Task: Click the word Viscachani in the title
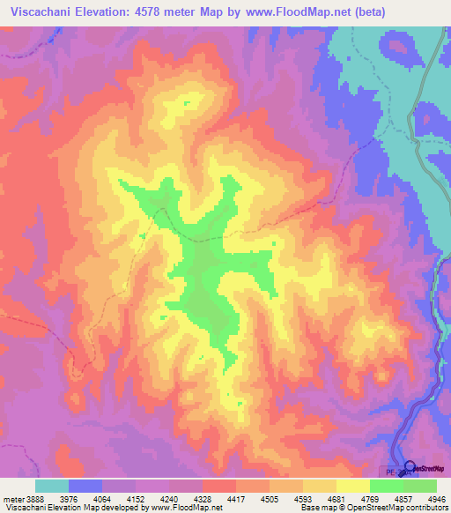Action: click(43, 12)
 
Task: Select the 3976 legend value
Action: click(78, 499)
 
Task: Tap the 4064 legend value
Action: click(118, 499)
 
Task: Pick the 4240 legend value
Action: click(196, 499)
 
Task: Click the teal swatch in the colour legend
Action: click(51, 486)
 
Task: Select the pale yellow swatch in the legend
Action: click(352, 486)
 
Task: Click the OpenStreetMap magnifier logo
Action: click(410, 467)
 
